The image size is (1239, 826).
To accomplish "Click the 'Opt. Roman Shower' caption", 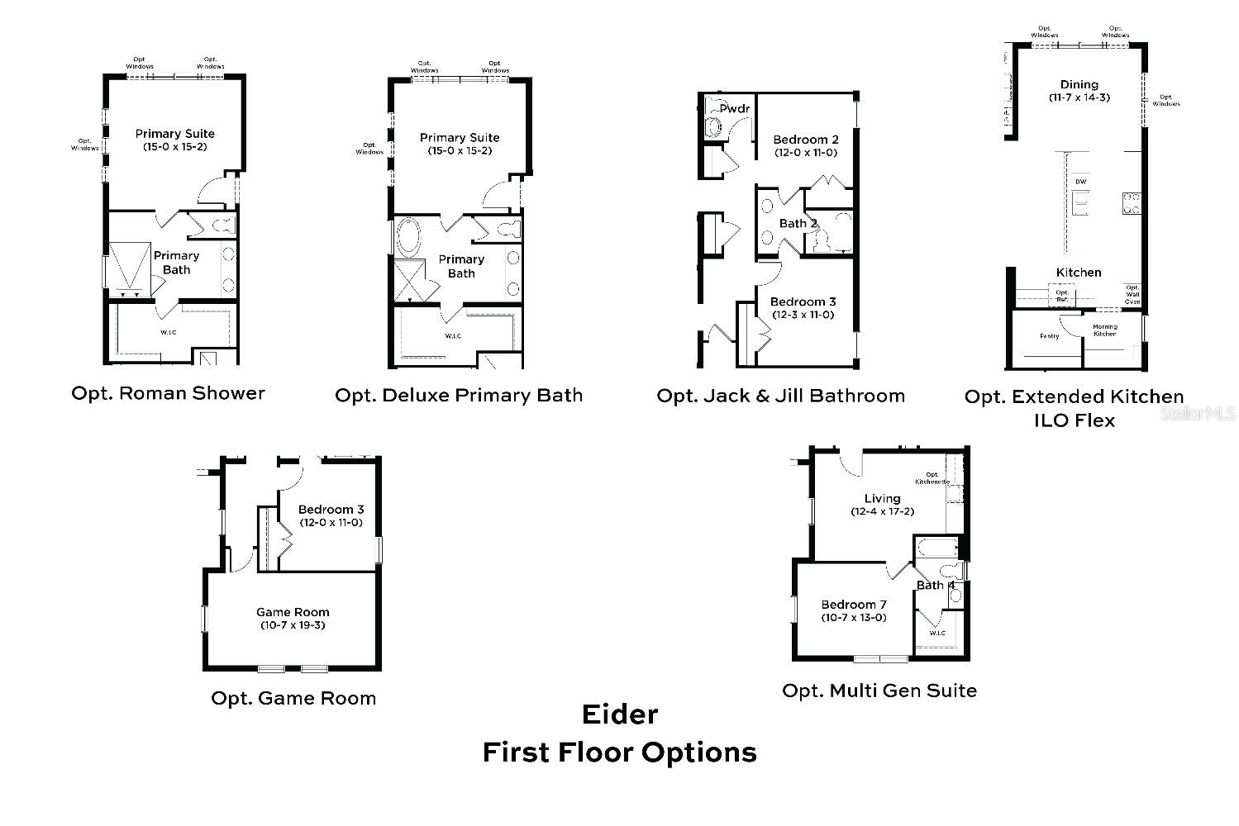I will (168, 393).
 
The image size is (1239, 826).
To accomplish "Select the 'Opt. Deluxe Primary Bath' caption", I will (458, 396).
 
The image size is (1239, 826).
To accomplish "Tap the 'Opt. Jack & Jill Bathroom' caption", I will (780, 396).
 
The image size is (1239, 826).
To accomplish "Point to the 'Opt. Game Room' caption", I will (293, 698).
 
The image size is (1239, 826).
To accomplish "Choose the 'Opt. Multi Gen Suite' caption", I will (879, 691).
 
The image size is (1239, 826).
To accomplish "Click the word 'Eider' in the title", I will (619, 714).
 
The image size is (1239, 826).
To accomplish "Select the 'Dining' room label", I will (1079, 84).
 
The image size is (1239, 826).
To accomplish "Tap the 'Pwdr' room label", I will (734, 108).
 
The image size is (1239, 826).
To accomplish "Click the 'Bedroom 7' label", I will (854, 605).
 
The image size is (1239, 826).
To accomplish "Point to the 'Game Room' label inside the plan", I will (293, 612).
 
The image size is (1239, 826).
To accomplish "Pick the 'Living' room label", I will (882, 498).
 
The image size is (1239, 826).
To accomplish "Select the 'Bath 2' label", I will (798, 223).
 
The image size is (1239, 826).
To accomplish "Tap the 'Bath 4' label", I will (935, 585).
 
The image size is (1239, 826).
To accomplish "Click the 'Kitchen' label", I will (1079, 272).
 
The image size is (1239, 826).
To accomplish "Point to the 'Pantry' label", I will (1049, 336).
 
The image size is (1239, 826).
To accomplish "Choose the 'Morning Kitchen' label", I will (1105, 330).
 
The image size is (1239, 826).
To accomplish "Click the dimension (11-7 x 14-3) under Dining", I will (1079, 97).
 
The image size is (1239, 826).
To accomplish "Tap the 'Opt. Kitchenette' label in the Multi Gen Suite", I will (932, 478).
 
